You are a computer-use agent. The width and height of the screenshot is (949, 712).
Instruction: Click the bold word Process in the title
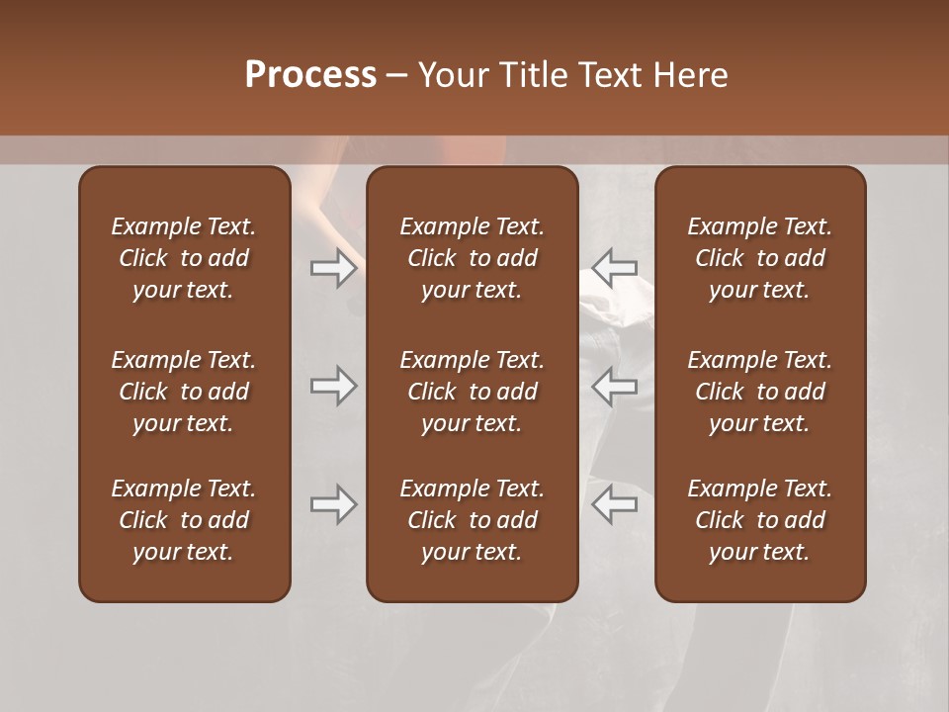(310, 75)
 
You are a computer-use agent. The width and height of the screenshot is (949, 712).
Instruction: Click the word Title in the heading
(532, 75)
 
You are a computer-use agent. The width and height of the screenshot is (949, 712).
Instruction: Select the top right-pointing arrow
(334, 267)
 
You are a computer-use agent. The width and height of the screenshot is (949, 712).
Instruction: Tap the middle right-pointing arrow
(334, 386)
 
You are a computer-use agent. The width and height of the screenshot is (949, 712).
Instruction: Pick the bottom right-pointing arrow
(334, 504)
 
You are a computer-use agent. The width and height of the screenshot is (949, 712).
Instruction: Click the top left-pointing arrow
(614, 267)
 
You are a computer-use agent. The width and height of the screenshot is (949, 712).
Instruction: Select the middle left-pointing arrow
(614, 386)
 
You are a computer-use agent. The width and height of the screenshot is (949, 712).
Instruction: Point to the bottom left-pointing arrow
(614, 504)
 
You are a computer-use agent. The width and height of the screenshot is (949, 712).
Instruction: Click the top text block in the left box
(184, 258)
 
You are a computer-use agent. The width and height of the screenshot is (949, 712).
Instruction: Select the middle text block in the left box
(184, 392)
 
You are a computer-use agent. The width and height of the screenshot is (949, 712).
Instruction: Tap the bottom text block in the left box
(184, 520)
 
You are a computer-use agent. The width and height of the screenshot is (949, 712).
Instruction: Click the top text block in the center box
(472, 258)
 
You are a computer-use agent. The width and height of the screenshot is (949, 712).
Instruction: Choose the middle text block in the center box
(472, 392)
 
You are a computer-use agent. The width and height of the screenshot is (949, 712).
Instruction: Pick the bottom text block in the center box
(472, 520)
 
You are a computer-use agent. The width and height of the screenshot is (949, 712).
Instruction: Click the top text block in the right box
(759, 258)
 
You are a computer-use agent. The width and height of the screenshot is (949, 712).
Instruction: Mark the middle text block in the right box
(759, 392)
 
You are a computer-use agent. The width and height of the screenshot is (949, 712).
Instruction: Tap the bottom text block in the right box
(759, 520)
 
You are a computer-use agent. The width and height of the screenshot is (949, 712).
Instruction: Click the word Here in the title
(691, 75)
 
